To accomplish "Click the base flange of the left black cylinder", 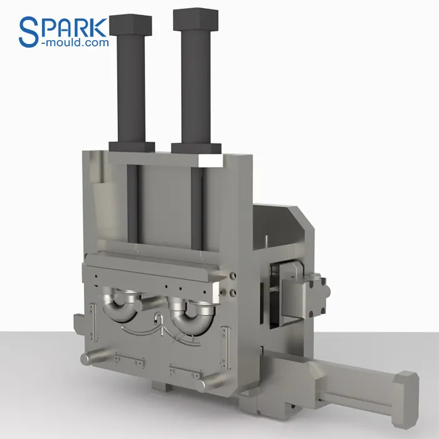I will [132, 146].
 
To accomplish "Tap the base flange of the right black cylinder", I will [196, 149].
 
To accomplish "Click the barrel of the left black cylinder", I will [130, 88].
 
